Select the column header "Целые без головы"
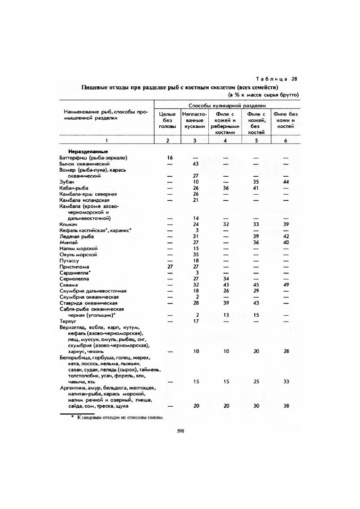pyautogui.click(x=167, y=120)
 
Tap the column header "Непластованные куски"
pyautogui.click(x=194, y=120)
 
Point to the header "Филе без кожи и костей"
pyautogui.click(x=286, y=120)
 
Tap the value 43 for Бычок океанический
pyautogui.click(x=196, y=164)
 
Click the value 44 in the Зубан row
pyautogui.click(x=286, y=182)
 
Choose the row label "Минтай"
pyautogui.click(x=67, y=242)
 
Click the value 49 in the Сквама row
pyautogui.click(x=286, y=285)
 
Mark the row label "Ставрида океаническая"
pyautogui.click(x=88, y=303)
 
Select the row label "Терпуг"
pyautogui.click(x=68, y=321)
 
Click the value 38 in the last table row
pyautogui.click(x=286, y=406)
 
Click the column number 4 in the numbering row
pyautogui.click(x=225, y=140)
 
